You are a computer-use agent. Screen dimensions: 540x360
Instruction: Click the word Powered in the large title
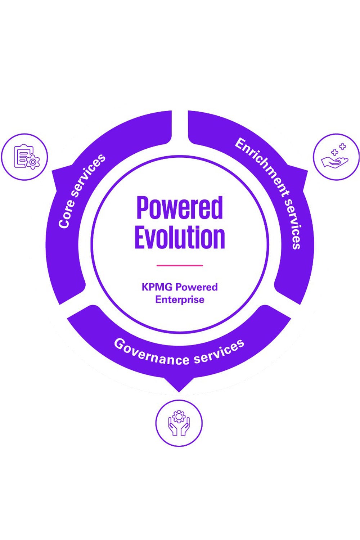180,208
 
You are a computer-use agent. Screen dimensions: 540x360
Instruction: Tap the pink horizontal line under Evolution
180,265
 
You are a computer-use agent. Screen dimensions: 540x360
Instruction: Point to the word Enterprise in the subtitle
180,300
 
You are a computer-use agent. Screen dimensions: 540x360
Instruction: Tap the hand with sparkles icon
336,157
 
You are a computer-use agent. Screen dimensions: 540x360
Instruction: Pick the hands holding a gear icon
179,423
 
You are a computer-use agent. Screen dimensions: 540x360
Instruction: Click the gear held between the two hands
179,417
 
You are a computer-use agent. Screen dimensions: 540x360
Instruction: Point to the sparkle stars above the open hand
339,149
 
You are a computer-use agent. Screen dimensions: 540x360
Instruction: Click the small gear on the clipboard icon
33,162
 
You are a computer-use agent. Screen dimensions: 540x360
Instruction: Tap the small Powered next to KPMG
197,287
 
